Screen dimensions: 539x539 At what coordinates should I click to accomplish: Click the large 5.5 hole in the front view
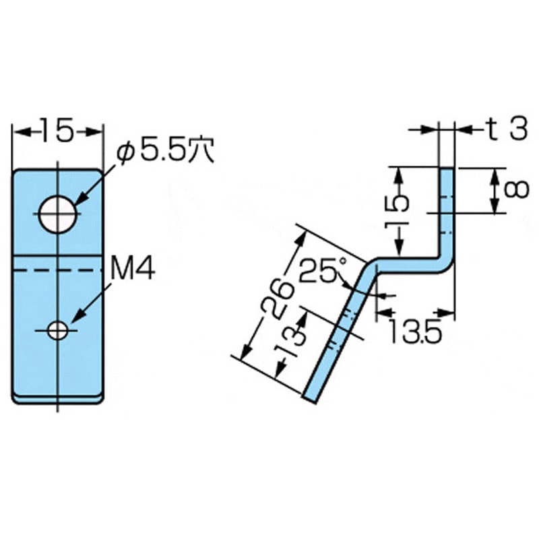[58, 214]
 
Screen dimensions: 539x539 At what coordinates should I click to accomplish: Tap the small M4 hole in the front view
[57, 330]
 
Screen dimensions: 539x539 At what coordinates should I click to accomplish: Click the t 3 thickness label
[507, 129]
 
